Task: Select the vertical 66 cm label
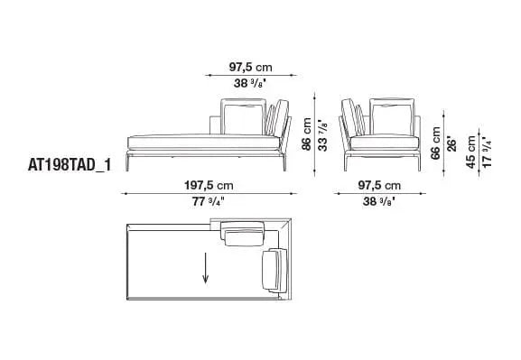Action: (435, 143)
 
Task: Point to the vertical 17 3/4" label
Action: (488, 151)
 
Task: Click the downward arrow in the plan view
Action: (206, 268)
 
